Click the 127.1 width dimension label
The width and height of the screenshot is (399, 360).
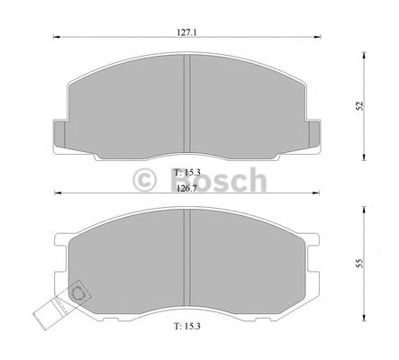point(186,32)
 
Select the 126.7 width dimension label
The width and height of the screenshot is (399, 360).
point(186,189)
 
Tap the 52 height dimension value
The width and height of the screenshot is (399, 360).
point(359,106)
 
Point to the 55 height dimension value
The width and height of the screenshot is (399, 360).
point(359,263)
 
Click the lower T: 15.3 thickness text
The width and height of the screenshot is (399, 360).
point(187,326)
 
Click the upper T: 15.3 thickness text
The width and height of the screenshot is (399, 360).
point(187,172)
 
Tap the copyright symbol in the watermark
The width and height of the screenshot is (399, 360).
point(144,180)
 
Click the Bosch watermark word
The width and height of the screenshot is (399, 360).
point(219,180)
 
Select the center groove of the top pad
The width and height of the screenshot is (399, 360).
point(187,103)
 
